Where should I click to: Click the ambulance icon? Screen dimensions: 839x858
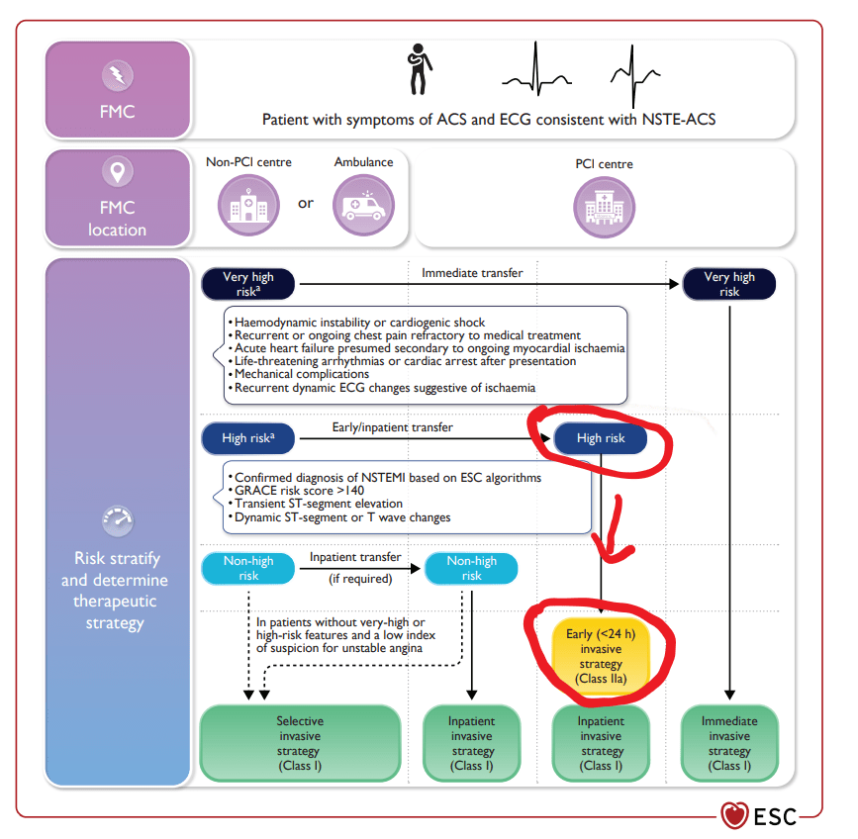pos(363,206)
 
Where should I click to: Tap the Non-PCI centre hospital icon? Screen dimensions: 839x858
pos(248,206)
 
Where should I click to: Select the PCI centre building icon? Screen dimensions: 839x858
pos(604,208)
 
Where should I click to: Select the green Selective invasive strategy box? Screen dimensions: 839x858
pos(300,743)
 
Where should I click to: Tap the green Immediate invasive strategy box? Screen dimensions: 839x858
pos(729,743)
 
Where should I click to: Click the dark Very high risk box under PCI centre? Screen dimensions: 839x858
pos(729,284)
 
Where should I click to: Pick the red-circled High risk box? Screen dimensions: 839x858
pos(601,438)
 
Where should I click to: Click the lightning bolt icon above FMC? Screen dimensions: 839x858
pos(117,74)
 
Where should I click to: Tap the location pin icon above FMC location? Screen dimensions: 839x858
pos(117,172)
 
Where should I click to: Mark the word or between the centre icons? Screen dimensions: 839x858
pos(306,203)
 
